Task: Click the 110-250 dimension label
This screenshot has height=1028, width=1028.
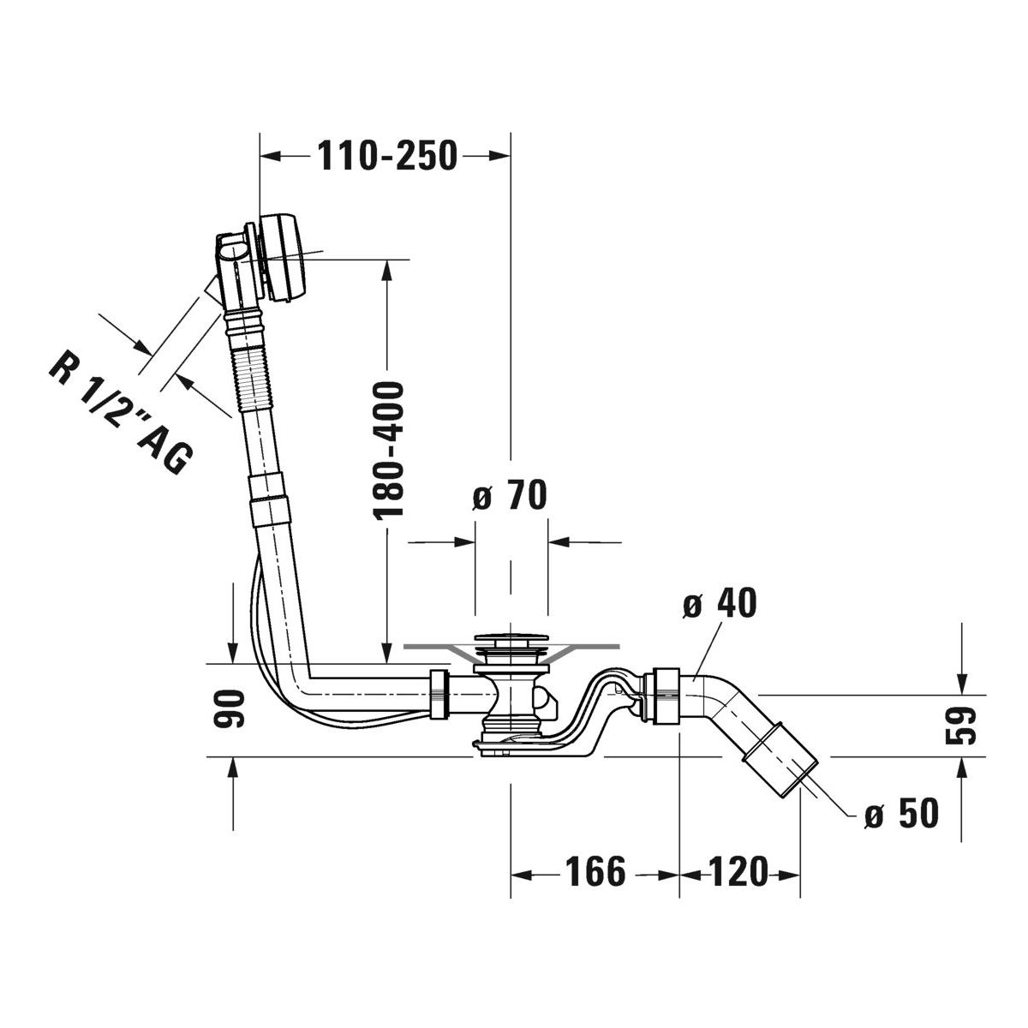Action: click(387, 156)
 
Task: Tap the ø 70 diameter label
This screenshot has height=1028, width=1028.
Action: click(510, 494)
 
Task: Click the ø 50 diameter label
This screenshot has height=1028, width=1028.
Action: click(901, 813)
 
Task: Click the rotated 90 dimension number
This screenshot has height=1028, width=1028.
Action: click(229, 708)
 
